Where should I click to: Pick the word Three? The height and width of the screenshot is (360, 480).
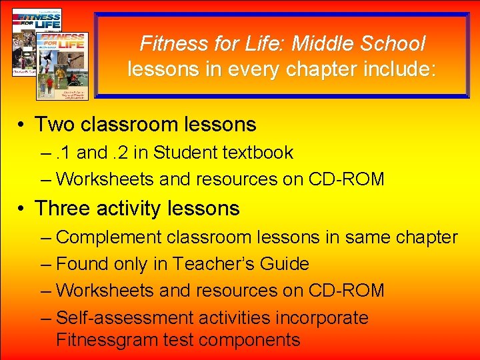(63, 209)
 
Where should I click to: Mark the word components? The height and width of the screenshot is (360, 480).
(249, 340)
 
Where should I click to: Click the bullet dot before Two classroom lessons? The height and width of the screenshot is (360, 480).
(22, 125)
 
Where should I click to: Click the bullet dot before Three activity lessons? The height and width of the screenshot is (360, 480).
(22, 209)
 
